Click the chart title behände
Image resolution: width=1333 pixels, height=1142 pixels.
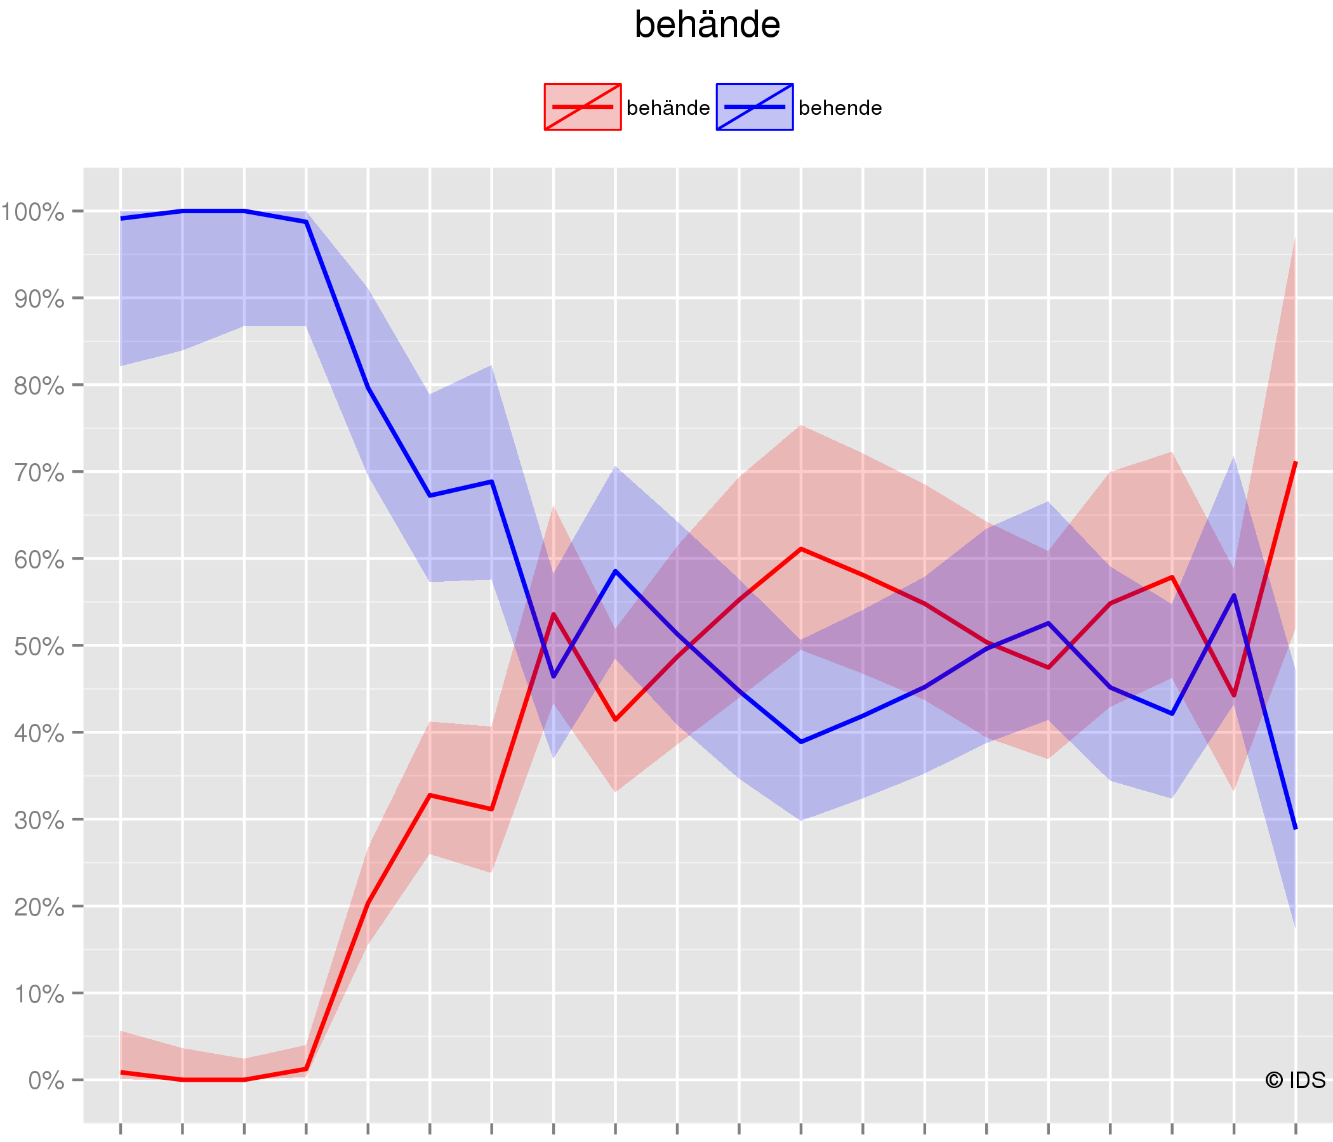(707, 26)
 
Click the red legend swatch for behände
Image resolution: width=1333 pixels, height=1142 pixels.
(582, 107)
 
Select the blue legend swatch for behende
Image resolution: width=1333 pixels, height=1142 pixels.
(754, 107)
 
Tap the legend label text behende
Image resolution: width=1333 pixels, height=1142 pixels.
(840, 108)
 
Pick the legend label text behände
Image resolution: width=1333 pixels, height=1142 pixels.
(668, 108)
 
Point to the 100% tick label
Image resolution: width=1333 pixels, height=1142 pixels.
(32, 212)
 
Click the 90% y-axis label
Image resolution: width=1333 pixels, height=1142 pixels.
(39, 299)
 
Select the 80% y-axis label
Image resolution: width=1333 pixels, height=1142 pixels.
(39, 386)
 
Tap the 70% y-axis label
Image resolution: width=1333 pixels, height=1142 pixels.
(39, 473)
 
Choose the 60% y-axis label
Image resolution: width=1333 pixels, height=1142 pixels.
(39, 560)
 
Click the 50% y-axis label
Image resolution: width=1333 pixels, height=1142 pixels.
(39, 646)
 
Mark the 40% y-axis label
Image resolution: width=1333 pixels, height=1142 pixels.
(39, 733)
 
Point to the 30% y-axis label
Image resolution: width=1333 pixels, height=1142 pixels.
(39, 820)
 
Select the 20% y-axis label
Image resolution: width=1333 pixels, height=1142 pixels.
(39, 907)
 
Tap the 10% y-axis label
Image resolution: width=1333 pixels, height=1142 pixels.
(39, 994)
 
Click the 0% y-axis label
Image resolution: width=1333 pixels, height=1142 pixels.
(46, 1081)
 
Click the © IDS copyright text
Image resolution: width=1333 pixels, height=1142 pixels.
(1294, 1080)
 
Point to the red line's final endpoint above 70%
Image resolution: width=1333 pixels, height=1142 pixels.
(1295, 462)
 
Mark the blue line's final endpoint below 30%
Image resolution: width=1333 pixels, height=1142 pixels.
(1295, 829)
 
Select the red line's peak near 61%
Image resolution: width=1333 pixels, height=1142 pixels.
(800, 549)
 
